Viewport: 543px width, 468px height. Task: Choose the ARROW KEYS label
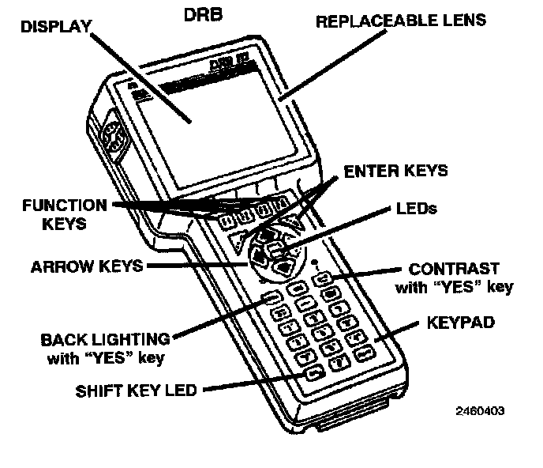coord(87,266)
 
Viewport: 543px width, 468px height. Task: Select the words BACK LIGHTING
coord(105,339)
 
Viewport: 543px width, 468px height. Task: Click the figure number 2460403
coord(479,411)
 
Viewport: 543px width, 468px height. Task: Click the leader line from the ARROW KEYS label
coord(197,266)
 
